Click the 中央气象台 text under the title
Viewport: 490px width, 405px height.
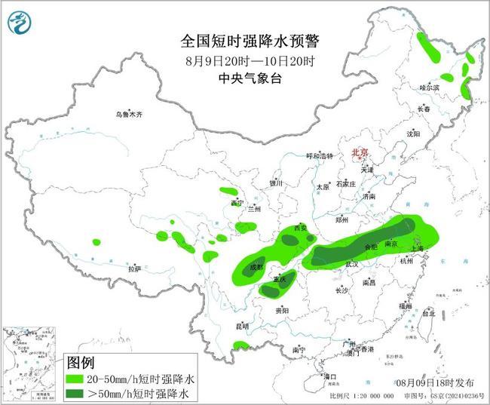245,78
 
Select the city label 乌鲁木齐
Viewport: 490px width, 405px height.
128,115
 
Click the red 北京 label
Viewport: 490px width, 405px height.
359,153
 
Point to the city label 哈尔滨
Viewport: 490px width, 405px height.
429,87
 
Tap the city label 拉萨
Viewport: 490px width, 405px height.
134,268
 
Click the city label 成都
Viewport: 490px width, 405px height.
256,267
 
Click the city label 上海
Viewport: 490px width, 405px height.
419,248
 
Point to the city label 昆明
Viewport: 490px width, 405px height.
242,326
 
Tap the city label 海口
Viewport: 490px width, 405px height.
329,375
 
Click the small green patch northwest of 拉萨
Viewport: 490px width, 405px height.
96,242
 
